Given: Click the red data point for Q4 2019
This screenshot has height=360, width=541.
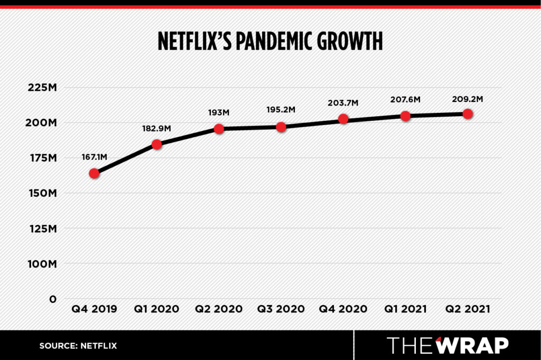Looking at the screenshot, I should point(95,173).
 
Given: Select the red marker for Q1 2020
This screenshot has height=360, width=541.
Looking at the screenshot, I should point(156,144).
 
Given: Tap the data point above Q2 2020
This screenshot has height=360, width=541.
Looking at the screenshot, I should point(219,128).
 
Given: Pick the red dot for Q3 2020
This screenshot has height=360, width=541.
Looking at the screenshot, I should point(281,127).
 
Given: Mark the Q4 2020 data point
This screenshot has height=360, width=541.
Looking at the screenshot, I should point(343,119).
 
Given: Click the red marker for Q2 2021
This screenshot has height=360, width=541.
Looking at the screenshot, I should point(468,113).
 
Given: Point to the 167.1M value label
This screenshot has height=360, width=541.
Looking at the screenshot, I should point(95,157).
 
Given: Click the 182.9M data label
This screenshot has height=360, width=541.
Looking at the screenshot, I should point(156,128).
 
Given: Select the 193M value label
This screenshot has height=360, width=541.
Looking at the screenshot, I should point(219,112).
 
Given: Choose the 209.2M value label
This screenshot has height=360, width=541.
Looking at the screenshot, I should point(468,98).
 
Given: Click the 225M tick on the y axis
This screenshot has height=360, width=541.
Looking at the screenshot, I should point(41,88).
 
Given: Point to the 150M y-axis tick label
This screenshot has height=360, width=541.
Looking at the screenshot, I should point(41,193).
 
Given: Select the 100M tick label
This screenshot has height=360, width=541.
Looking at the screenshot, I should point(41,263).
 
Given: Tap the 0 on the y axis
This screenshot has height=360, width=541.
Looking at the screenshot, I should point(52,299).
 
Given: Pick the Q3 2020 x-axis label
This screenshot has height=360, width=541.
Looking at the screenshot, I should point(281,309).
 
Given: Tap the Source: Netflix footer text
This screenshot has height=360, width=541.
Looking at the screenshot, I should point(78,346).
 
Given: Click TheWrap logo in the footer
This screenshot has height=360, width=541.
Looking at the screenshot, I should point(448,345).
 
